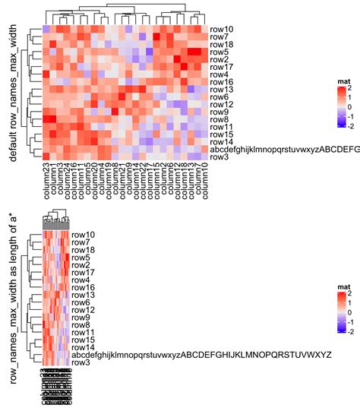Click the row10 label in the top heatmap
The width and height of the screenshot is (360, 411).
222,29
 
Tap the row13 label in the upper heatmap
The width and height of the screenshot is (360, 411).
222,90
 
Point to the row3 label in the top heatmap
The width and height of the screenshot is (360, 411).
219,157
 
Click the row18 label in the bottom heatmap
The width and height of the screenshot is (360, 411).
84,250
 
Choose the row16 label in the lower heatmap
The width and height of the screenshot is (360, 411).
84,287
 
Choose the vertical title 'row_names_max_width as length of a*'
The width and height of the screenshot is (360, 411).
13,307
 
